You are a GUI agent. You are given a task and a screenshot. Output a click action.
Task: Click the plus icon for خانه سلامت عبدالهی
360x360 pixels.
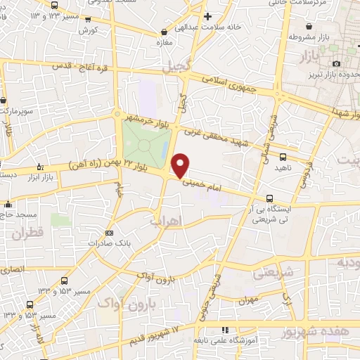(x=207, y=15)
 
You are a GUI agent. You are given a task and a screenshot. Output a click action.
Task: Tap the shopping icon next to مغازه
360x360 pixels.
(x=164, y=31)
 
